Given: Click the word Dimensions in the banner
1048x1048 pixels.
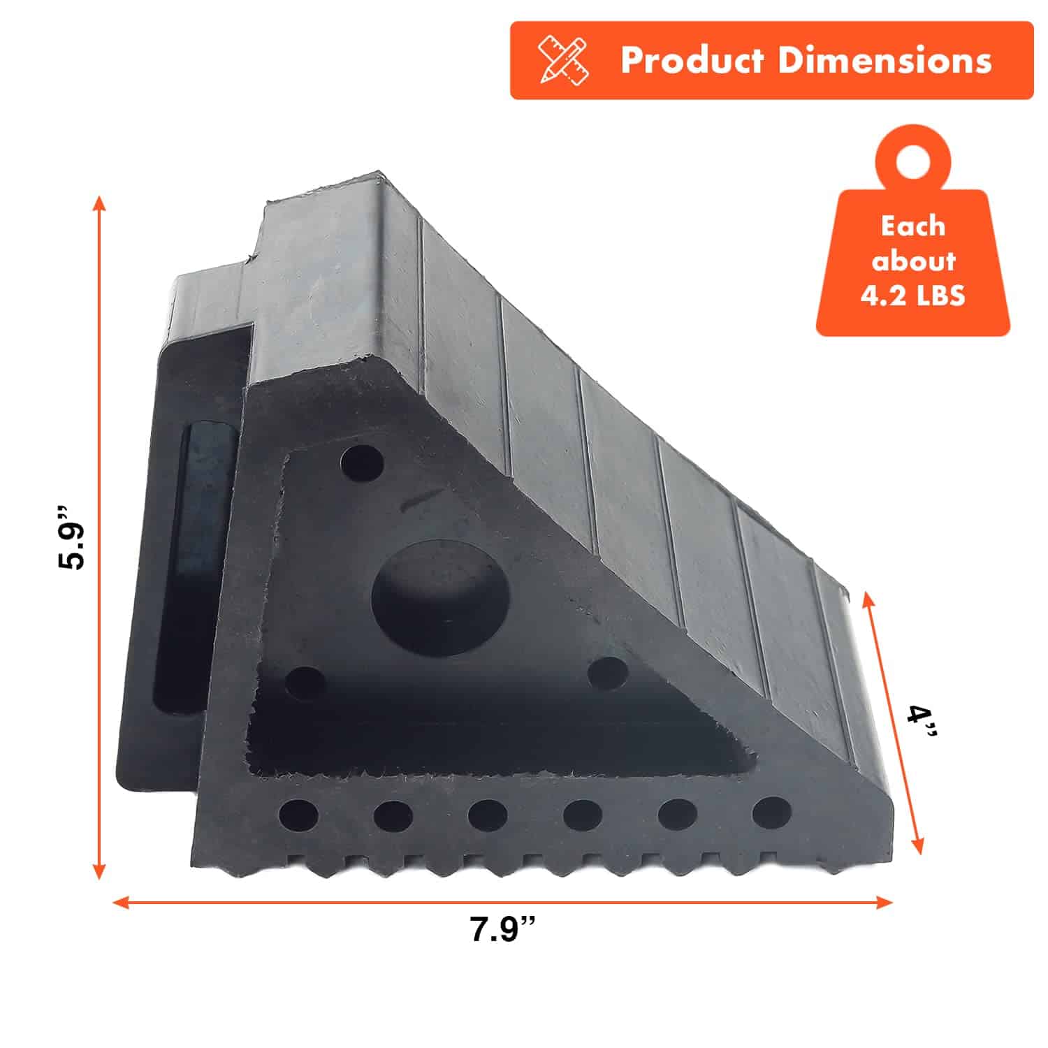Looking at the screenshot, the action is (x=885, y=60).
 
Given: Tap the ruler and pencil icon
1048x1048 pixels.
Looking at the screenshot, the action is (x=563, y=61).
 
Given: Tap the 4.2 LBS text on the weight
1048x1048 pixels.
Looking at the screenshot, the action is (x=912, y=296).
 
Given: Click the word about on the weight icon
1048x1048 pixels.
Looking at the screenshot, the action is (x=913, y=261).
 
